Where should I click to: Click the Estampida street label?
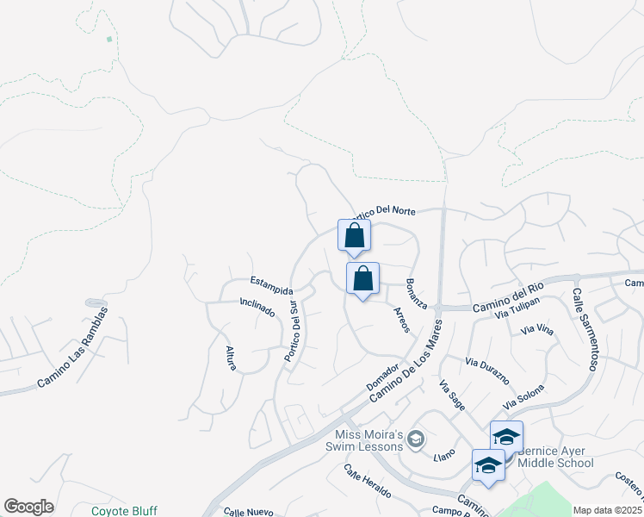(271, 285)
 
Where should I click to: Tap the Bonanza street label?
(416, 295)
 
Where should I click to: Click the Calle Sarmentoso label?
(583, 329)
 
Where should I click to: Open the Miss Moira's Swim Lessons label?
(364, 439)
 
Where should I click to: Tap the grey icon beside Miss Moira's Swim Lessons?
(415, 440)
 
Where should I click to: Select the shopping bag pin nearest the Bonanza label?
(363, 279)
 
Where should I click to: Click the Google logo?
(28, 507)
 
